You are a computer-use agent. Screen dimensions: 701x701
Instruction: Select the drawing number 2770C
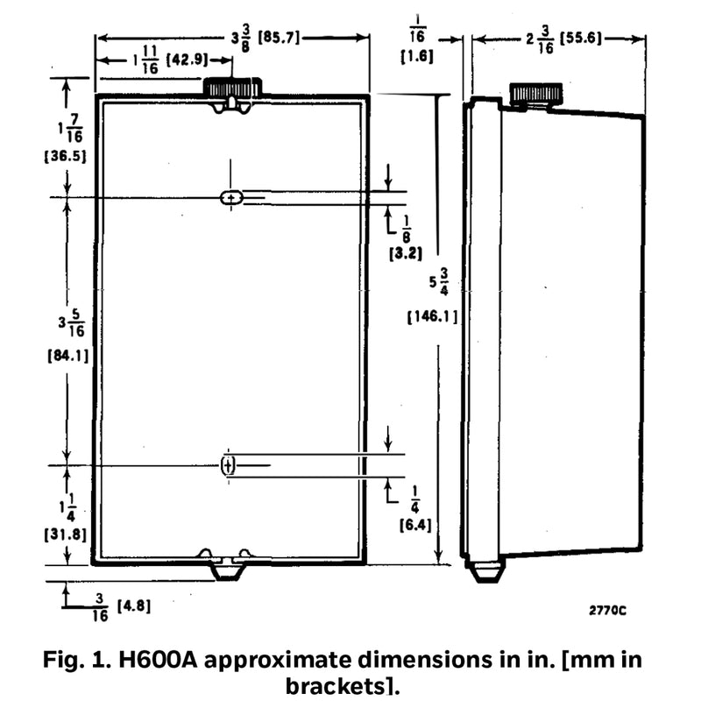click(607, 611)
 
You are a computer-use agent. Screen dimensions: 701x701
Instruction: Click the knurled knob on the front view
click(233, 88)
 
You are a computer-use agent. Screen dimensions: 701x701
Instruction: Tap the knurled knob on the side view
click(535, 95)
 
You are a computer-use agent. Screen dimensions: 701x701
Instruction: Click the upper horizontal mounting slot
click(232, 198)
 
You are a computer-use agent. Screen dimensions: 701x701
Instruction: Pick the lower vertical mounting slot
click(228, 465)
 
